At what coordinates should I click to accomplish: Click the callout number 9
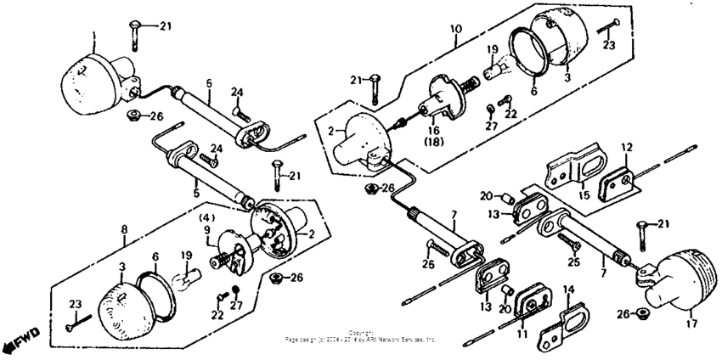(206, 229)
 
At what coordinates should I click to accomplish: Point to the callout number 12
(625, 148)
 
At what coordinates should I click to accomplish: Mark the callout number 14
(568, 289)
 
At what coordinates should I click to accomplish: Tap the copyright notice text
(360, 336)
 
